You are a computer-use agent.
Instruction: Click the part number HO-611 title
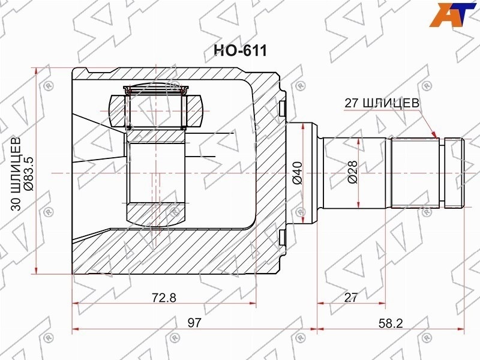[240, 51]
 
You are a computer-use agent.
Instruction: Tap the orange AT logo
[453, 14]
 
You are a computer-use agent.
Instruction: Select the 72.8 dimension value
[164, 297]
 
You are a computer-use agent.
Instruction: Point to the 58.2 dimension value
[391, 323]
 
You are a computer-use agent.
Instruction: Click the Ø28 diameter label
[353, 172]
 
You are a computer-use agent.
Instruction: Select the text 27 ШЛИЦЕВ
[382, 103]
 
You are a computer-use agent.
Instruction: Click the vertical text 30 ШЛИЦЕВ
[16, 174]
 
